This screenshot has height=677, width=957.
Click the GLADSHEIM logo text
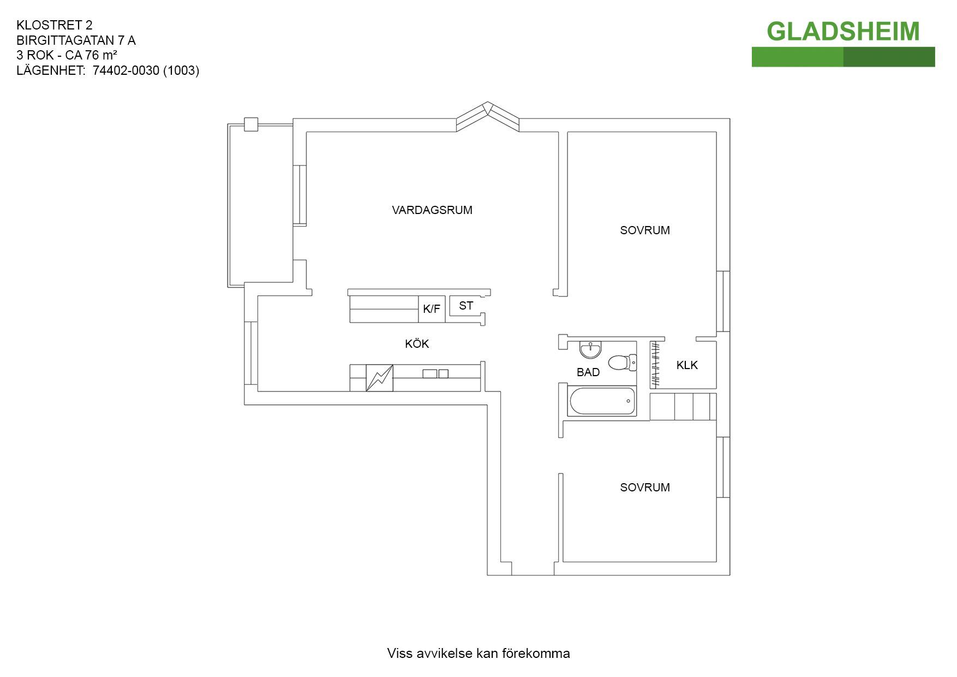[x=843, y=32]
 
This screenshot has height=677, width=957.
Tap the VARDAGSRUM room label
[x=432, y=210]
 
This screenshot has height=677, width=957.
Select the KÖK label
[x=417, y=343]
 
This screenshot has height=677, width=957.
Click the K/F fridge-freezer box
[x=432, y=309]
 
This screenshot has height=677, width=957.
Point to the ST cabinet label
[x=466, y=306]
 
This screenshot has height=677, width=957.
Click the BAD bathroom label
[x=588, y=372]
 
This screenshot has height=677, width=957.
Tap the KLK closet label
[x=687, y=365]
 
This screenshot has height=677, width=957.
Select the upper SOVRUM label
[x=645, y=230]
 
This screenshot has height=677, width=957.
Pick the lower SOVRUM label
[x=645, y=488]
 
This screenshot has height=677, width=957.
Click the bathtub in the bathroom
[x=602, y=401]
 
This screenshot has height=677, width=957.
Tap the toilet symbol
[x=623, y=362]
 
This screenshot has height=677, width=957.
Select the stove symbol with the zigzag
[x=380, y=378]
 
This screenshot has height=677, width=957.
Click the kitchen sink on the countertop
[x=435, y=374]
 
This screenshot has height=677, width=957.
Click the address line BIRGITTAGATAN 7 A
[x=76, y=40]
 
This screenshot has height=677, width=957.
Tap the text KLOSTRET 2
[x=55, y=25]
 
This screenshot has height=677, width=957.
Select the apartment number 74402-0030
[x=126, y=70]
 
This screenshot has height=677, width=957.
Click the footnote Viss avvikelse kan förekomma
[x=478, y=654]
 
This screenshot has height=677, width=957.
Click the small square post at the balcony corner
[x=251, y=124]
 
